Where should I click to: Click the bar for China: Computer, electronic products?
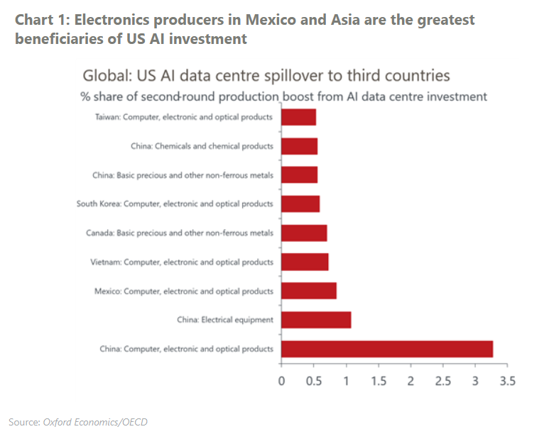(387, 348)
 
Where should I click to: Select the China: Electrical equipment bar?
(316, 320)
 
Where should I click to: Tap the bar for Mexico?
(309, 291)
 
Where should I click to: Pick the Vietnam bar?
(305, 262)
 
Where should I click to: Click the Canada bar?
(304, 233)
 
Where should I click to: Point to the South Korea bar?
(300, 204)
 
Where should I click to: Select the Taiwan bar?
(298, 117)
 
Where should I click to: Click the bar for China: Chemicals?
(299, 146)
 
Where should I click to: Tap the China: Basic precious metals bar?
(299, 174)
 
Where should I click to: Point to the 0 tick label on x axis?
(281, 382)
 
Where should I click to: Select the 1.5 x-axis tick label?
(378, 382)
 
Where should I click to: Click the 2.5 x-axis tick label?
(442, 382)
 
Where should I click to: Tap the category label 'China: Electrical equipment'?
(225, 320)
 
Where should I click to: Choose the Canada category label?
(187, 233)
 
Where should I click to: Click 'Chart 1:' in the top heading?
(41, 20)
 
